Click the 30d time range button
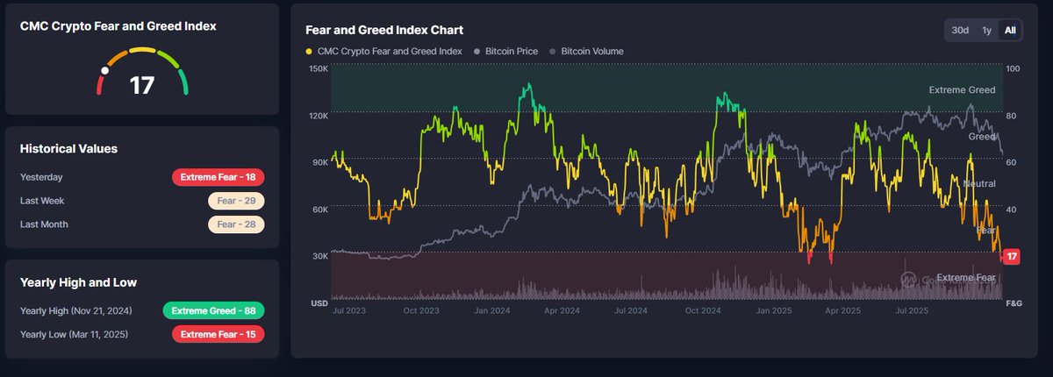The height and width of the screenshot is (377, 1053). pyautogui.click(x=960, y=31)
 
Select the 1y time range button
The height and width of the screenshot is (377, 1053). pyautogui.click(x=986, y=31)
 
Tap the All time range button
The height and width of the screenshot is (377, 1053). pyautogui.click(x=1010, y=31)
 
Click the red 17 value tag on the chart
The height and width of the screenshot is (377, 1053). pyautogui.click(x=1011, y=257)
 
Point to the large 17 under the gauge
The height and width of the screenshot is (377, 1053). pyautogui.click(x=142, y=85)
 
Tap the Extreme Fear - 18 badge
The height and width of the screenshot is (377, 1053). pyautogui.click(x=218, y=177)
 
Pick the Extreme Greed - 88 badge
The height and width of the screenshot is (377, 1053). pyautogui.click(x=213, y=310)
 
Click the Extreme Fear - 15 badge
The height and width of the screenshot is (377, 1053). pyautogui.click(x=218, y=334)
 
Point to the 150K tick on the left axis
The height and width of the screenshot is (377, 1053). pyautogui.click(x=319, y=68)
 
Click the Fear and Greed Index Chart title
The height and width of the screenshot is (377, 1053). pyautogui.click(x=384, y=30)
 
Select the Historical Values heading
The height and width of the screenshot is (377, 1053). pyautogui.click(x=68, y=149)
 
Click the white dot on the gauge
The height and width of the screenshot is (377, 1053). pyautogui.click(x=104, y=70)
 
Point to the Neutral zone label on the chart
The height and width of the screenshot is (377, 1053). pyautogui.click(x=979, y=183)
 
